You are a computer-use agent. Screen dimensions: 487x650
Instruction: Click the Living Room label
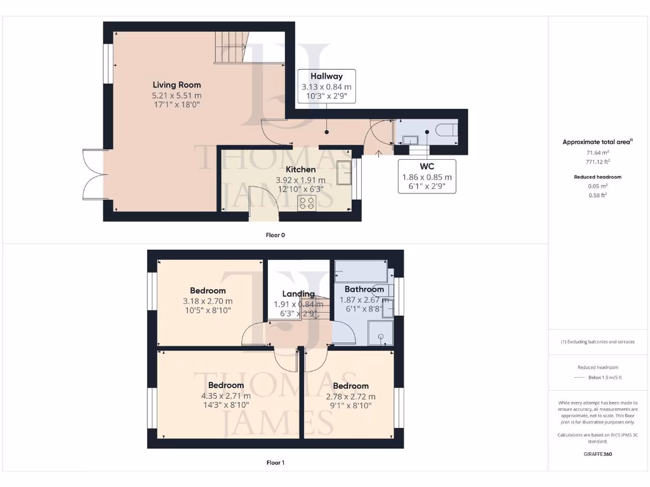pos(176,85)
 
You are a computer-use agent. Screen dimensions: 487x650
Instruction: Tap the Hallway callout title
pos(326,76)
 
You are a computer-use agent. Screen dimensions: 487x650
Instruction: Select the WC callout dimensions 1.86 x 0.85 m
pos(427,177)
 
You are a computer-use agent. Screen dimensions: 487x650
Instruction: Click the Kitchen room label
pos(300,169)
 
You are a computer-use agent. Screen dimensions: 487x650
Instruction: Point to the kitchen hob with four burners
pos(307,202)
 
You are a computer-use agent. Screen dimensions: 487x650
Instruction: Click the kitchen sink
pos(345,172)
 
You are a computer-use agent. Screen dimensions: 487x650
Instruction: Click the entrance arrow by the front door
pos(379,153)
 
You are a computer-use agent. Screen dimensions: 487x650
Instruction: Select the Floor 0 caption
pos(275,235)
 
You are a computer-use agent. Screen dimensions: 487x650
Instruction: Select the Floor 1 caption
pos(275,462)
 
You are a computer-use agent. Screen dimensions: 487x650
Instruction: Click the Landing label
pos(298,294)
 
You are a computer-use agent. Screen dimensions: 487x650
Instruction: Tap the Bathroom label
pos(364,289)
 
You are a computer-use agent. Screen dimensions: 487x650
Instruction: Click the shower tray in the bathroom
pos(381,332)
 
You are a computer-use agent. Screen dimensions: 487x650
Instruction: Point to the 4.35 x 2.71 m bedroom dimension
pos(226,396)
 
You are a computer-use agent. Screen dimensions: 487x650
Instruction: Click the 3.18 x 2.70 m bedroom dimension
pos(208,301)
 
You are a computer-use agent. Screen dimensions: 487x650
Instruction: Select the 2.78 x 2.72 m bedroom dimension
pos(350,396)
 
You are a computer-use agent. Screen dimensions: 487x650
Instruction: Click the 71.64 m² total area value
pos(596,153)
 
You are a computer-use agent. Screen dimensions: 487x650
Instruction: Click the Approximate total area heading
pos(597,142)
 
